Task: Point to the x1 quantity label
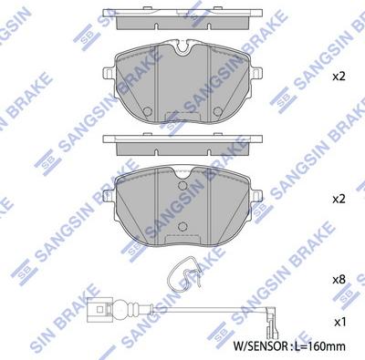point(339,323)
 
